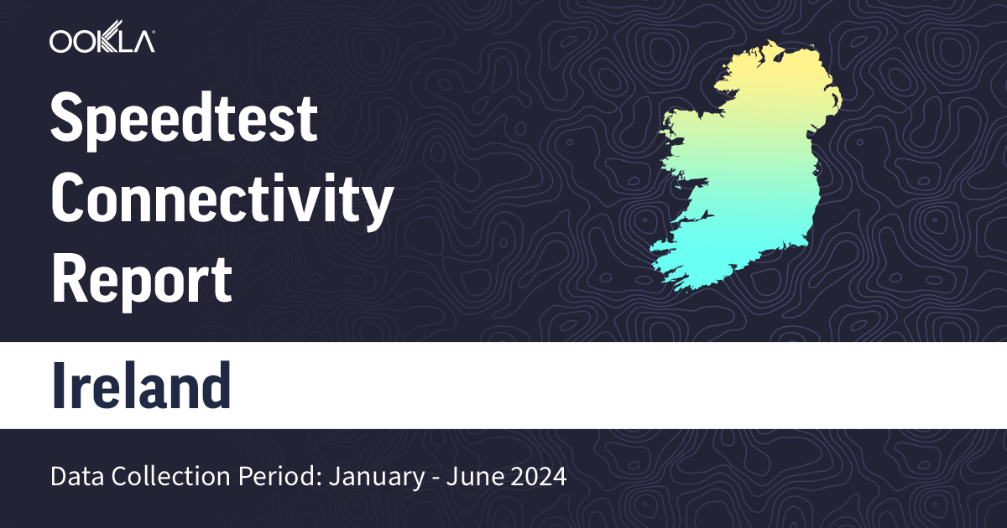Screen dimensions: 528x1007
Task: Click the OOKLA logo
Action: pos(102,40)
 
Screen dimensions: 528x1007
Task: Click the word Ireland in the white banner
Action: pos(141,385)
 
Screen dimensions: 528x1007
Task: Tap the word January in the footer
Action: pos(366,478)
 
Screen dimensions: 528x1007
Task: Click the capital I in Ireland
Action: pos(60,385)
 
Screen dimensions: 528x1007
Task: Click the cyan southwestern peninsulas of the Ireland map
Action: pos(671,260)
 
